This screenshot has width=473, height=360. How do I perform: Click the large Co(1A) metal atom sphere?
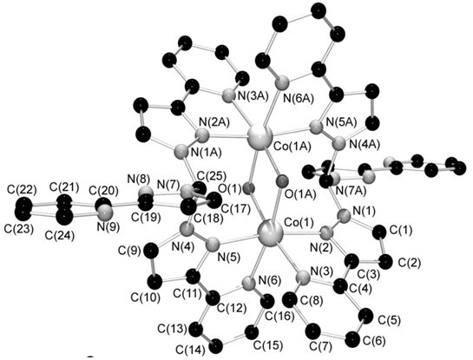(259, 136)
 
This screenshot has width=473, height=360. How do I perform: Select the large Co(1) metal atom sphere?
(270, 232)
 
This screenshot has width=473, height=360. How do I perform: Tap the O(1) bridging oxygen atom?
(249, 189)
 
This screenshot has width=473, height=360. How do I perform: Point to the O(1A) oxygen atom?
(282, 181)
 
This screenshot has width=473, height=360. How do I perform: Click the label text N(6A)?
(298, 98)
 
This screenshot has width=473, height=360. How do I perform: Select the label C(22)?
(21, 190)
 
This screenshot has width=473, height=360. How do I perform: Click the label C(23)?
(19, 229)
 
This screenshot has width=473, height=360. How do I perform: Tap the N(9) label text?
(108, 226)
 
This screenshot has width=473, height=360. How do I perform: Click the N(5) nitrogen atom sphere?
(213, 243)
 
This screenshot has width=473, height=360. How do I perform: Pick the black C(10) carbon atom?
(155, 282)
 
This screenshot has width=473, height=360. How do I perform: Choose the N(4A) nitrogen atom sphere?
(338, 143)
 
